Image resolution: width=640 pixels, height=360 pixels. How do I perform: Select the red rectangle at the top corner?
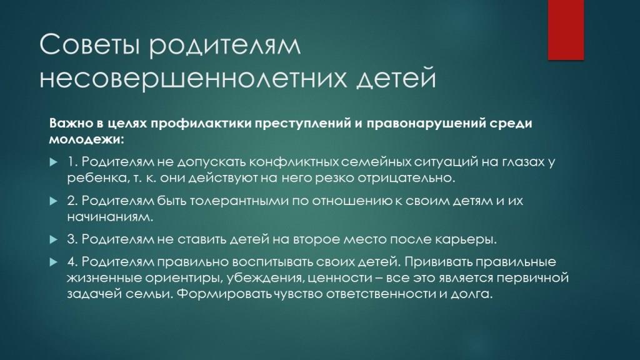(566, 30)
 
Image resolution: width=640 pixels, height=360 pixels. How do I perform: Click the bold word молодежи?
(86, 139)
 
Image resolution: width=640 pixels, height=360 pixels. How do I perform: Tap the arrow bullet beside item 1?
(54, 162)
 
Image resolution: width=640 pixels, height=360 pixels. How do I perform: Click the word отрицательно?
(406, 178)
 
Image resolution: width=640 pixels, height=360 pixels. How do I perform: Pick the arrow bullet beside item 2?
(54, 201)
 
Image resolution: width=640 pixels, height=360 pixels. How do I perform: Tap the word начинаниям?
(110, 217)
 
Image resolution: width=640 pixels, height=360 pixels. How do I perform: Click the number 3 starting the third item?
(72, 239)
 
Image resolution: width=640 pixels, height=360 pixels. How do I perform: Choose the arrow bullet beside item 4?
(54, 262)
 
